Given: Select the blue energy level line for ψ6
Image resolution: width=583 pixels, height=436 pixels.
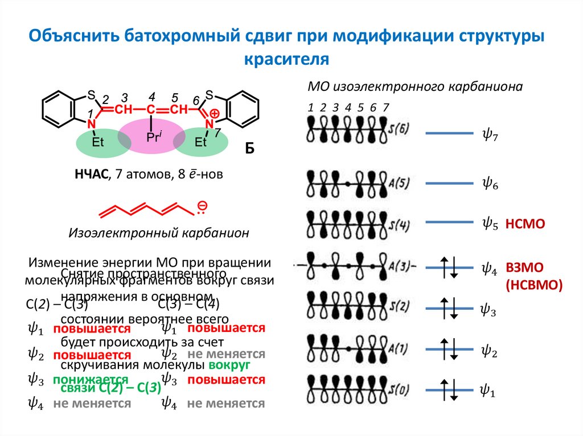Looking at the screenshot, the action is [450, 184].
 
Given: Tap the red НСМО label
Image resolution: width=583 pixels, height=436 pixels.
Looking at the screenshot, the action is [525, 225].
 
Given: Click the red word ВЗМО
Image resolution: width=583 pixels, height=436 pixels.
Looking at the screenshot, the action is [525, 268].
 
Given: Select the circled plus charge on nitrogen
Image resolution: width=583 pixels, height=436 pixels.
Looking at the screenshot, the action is [214, 114].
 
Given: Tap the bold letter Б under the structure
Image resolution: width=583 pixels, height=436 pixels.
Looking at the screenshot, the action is [249, 149].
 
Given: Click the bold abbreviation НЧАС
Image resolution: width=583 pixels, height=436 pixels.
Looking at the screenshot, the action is [91, 174].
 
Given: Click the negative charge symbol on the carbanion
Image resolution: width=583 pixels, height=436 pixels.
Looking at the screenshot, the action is [203, 205].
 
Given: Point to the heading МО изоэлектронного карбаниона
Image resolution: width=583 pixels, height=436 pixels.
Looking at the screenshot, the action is [414, 86].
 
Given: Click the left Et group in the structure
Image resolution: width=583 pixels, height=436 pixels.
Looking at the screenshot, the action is [97, 142].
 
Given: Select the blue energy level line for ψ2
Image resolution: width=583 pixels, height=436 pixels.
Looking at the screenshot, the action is [450, 349].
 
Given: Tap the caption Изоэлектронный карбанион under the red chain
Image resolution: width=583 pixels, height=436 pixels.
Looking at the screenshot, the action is [159, 233].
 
